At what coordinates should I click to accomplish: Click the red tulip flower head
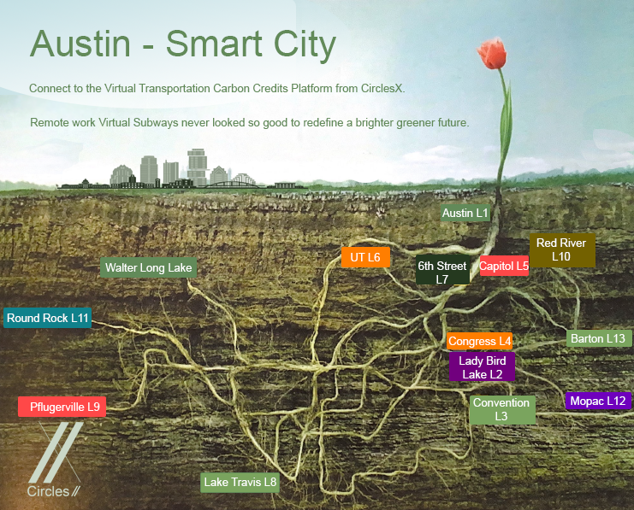(x=492, y=53)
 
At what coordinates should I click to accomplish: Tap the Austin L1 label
(x=465, y=213)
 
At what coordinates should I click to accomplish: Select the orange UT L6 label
(x=365, y=257)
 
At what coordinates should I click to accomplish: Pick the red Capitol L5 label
(x=504, y=266)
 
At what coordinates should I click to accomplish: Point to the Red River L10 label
(x=562, y=249)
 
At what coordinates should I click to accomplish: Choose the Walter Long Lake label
(x=148, y=267)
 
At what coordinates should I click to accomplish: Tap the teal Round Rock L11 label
(x=47, y=318)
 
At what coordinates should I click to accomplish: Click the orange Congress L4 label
(x=479, y=341)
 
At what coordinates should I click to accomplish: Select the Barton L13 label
(x=599, y=338)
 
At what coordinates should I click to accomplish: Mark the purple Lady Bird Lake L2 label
(x=482, y=366)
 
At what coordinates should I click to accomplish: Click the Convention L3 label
(x=502, y=409)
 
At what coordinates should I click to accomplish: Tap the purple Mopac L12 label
(x=598, y=401)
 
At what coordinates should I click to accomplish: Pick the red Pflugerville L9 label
(x=62, y=407)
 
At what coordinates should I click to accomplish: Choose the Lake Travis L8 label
(x=240, y=482)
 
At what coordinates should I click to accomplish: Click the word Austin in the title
(x=80, y=44)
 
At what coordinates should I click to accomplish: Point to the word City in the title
(x=305, y=45)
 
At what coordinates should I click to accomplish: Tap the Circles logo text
(x=48, y=491)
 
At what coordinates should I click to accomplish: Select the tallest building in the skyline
(x=197, y=167)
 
